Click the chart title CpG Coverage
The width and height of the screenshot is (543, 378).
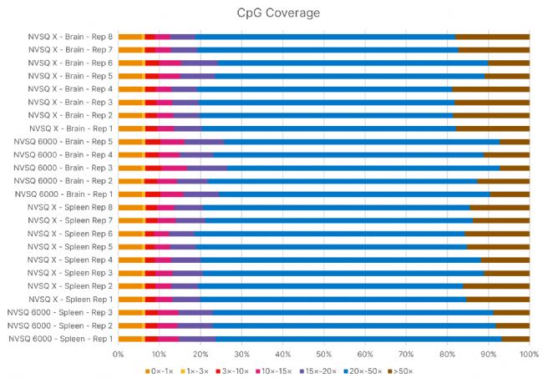pos(271,13)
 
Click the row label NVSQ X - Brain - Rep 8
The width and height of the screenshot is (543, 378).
pos(71,37)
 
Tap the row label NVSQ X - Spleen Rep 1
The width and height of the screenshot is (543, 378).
pos(71,299)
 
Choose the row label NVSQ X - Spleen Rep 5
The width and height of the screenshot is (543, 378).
pos(71,246)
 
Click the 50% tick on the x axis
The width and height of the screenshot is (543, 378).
pos(323,354)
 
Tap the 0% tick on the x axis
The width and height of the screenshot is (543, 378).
pos(118,354)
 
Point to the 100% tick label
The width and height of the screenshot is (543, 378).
pos(529,354)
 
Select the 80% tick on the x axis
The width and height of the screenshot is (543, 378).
pos(447,354)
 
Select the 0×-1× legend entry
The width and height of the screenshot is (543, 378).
pos(160,370)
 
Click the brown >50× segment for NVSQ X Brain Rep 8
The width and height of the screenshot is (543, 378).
pos(492,37)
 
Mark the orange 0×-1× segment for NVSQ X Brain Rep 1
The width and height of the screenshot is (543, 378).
pos(130,129)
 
